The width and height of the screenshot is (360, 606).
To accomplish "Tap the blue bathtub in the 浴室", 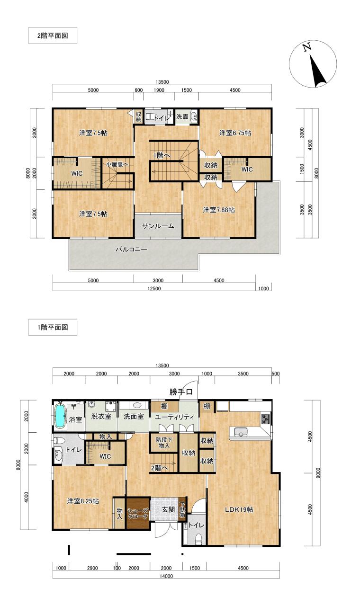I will point(60,415).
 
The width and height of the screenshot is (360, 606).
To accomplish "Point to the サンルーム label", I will point(158,226).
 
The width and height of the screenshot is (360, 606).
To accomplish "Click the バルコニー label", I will point(131,249).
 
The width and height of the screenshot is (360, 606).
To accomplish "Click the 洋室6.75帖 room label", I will point(234,133).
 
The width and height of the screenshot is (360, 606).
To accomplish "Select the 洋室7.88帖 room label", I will point(218,210).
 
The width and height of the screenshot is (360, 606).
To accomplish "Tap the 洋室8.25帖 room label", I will point(82,501).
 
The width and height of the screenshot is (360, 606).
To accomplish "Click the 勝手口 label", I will point(181,392).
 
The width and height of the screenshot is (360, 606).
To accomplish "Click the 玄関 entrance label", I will point(168,510).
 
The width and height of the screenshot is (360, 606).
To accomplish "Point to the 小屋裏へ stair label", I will point(117,164).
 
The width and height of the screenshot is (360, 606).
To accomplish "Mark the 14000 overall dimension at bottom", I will point(166,576).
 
